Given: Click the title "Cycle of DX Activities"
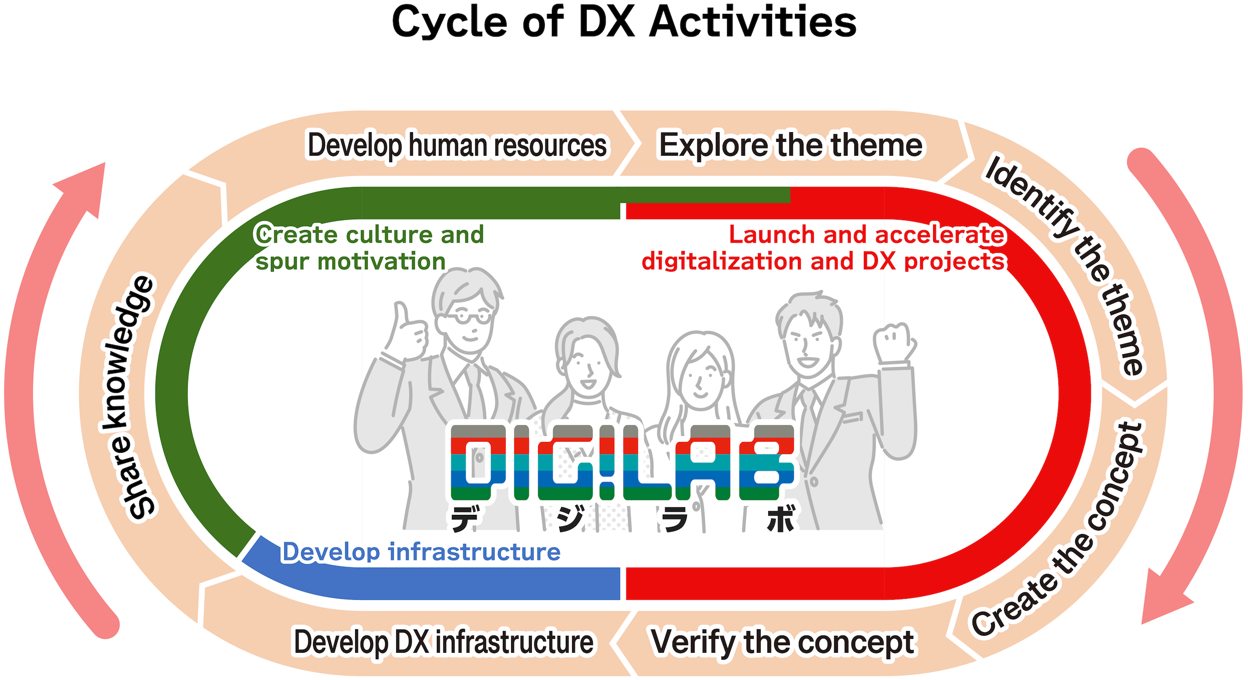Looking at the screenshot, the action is coord(624,23).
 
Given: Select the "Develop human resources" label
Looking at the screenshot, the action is coord(457,146).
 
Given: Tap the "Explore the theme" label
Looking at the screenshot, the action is coord(791,146).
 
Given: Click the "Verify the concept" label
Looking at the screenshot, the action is coord(783,642).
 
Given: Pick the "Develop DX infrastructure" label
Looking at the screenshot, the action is coord(444,642).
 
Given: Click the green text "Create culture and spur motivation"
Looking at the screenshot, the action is coord(369,247).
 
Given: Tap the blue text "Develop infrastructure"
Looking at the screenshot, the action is coord(421,552).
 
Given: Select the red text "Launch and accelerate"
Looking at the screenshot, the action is coord(867,235).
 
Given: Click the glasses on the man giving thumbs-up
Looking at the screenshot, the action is coord(467,316).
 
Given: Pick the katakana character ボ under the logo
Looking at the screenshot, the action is coord(781,519).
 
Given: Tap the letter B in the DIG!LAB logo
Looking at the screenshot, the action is coord(767,462).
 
